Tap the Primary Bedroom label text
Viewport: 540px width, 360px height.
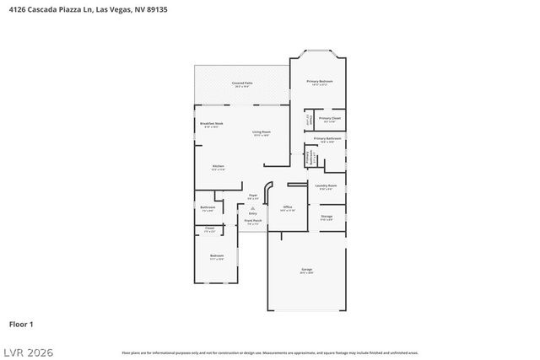click(x=319, y=82)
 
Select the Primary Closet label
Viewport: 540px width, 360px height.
click(x=330, y=119)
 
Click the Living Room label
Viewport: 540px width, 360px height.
click(x=261, y=132)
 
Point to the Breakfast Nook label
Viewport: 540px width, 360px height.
click(x=211, y=125)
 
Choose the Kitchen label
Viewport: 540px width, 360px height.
click(x=218, y=167)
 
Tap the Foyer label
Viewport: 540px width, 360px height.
click(x=252, y=196)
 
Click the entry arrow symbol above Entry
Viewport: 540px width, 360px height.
click(x=252, y=207)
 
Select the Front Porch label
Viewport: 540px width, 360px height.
click(x=253, y=222)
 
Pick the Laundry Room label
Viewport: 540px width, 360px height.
click(x=326, y=186)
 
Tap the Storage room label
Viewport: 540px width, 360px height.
click(x=327, y=218)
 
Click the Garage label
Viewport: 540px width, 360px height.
click(x=306, y=271)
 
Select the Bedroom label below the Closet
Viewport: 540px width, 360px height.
click(x=217, y=255)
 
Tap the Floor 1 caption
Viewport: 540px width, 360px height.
click(x=21, y=324)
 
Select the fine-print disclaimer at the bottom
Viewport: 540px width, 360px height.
click(x=269, y=352)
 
